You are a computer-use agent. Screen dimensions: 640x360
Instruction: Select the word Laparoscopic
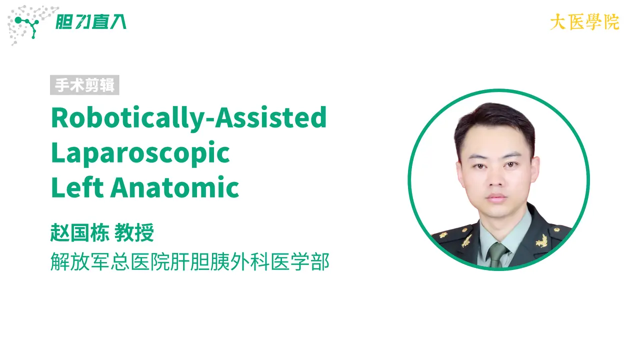click(x=140, y=153)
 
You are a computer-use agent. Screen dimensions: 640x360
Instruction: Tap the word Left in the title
click(x=77, y=187)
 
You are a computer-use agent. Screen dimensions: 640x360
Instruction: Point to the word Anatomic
click(x=175, y=187)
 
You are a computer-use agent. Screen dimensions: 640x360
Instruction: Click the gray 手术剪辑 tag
click(x=84, y=85)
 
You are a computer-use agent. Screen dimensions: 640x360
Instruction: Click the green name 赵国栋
click(x=79, y=233)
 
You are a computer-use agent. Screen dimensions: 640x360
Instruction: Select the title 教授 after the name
click(x=134, y=233)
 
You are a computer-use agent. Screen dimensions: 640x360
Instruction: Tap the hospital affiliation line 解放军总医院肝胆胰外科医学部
click(x=190, y=261)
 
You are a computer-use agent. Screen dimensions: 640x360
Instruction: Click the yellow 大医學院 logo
click(x=584, y=22)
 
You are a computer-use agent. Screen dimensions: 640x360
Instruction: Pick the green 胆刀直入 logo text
click(x=91, y=22)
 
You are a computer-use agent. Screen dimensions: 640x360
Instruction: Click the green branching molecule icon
click(x=27, y=26)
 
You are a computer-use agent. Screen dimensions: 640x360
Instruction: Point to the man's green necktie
click(x=497, y=255)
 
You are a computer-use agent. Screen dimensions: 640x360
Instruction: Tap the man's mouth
click(x=496, y=197)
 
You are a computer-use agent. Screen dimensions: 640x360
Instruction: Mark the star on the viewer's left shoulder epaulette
click(x=443, y=235)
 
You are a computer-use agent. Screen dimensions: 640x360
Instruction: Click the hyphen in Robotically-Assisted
click(x=210, y=121)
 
